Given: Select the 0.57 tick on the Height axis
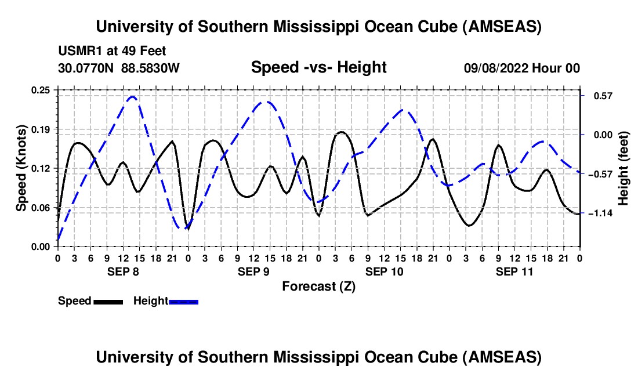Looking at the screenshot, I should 597,96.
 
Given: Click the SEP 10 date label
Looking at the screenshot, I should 384,271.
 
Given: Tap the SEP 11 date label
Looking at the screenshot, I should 514,271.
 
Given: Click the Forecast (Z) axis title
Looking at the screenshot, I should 318,286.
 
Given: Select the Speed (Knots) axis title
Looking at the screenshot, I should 21,168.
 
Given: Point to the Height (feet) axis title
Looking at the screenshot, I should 623,168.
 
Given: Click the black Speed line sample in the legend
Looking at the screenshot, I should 108,301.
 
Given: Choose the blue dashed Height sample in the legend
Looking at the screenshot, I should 184,301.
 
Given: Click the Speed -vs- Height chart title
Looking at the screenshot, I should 318,68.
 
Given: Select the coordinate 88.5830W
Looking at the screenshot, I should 151,68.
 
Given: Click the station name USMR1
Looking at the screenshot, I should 75,52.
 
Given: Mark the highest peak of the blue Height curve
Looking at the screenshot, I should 132,97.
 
